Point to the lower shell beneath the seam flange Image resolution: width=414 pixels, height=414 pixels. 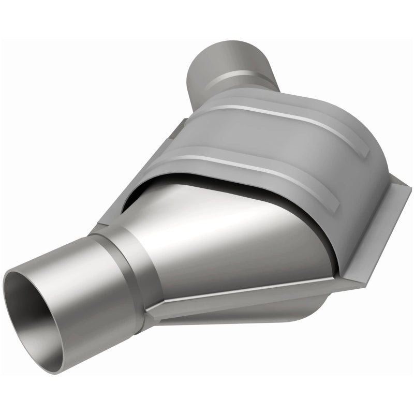[243, 316]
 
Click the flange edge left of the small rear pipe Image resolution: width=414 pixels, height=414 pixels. [179, 127]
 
